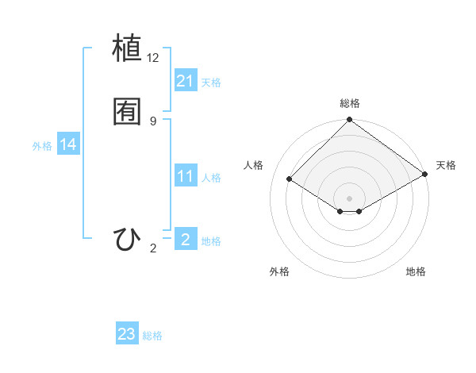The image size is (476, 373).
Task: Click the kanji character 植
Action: click(128, 48)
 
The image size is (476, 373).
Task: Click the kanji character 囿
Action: click(128, 111)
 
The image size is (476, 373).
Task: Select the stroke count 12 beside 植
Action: click(153, 58)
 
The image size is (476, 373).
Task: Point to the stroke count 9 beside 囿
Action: click(153, 121)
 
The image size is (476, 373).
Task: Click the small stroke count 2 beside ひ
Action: click(153, 249)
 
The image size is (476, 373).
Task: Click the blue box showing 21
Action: click(186, 81)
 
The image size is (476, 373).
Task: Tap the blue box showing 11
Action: click(186, 176)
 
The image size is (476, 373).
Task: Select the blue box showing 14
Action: click(68, 144)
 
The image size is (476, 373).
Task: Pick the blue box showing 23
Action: click(127, 334)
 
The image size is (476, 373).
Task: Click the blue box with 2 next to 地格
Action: click(186, 240)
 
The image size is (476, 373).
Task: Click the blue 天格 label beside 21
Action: click(211, 83)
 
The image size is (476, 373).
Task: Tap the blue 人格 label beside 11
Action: click(211, 178)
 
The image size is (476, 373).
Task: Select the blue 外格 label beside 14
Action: click(42, 146)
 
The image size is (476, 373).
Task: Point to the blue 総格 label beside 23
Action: click(152, 336)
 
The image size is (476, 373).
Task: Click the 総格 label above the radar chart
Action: click(350, 103)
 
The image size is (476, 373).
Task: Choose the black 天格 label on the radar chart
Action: click(446, 165)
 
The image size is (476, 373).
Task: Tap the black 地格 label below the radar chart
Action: click(416, 272)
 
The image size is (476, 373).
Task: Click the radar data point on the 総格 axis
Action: click(350, 121)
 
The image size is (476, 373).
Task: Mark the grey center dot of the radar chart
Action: click(350, 198)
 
